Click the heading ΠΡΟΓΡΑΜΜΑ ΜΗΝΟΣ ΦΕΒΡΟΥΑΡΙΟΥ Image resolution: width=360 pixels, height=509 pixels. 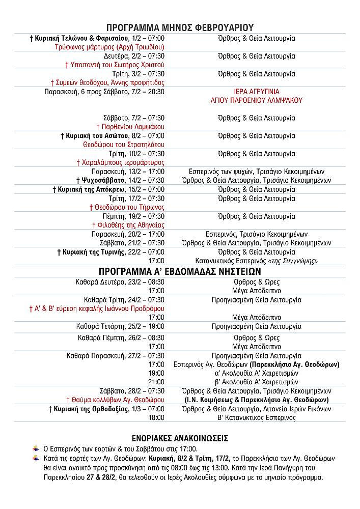click(180, 27)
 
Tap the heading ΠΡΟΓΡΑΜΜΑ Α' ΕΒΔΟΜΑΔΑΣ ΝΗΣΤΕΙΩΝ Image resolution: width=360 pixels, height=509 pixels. click(180, 271)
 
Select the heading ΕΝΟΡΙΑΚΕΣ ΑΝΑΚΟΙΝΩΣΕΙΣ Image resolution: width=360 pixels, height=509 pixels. click(180, 438)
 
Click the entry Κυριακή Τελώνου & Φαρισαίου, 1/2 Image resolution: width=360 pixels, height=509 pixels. click(97, 38)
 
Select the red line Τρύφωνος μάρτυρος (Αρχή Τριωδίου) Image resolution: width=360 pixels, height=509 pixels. click(109, 47)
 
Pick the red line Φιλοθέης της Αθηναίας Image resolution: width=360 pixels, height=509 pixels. click(128, 224)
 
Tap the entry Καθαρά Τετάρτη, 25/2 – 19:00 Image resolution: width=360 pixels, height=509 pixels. click(121, 326)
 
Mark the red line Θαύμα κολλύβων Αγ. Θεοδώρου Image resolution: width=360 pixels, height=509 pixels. click(116, 400)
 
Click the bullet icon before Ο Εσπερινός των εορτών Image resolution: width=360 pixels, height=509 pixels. click(36, 448)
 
